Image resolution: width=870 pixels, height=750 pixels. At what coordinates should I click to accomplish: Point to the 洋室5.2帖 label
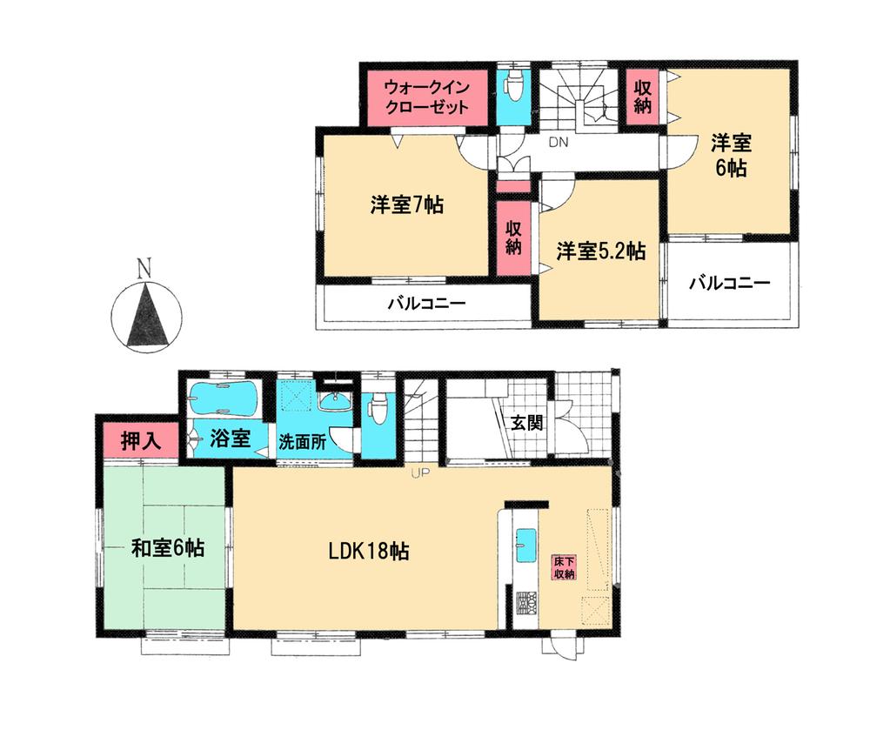[601, 251]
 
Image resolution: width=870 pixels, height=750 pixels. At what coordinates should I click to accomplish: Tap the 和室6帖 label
[168, 548]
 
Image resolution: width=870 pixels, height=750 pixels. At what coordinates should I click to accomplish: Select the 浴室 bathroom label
[231, 438]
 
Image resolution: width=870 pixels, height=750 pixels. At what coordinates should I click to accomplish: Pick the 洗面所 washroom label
[302, 441]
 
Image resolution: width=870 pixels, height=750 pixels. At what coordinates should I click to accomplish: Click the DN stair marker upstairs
[558, 143]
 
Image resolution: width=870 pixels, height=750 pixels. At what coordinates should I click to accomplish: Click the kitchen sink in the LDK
[526, 545]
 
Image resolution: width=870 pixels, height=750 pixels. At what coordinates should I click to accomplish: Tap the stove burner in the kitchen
[525, 600]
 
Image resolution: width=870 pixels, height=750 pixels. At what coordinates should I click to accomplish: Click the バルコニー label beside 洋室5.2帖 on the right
[730, 283]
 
